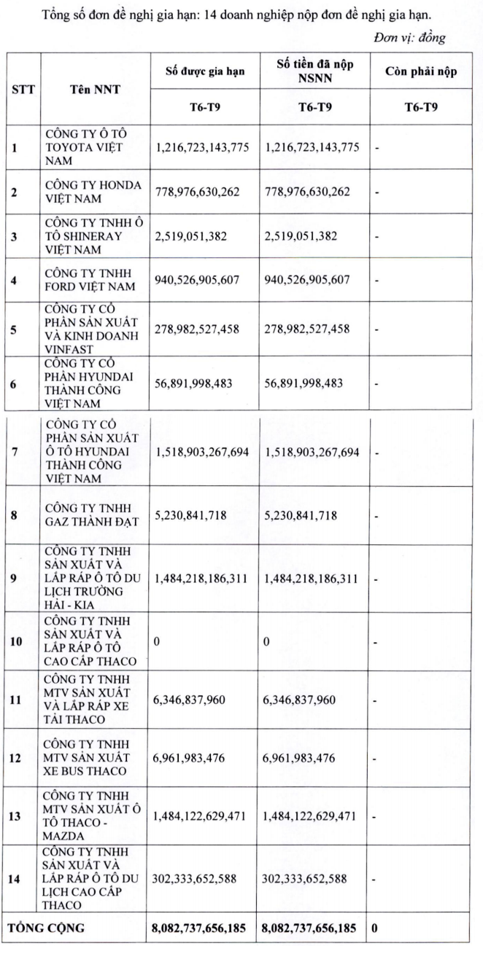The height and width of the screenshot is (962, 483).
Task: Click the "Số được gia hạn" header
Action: click(203, 71)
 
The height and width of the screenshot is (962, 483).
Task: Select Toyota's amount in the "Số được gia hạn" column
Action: click(203, 147)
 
